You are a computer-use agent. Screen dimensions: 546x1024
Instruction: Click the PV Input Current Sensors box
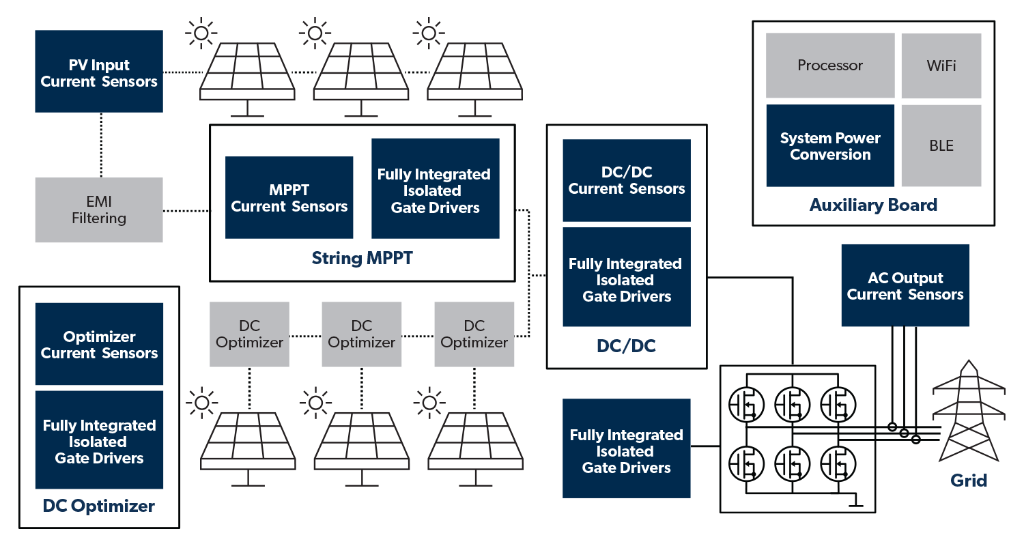click(x=99, y=72)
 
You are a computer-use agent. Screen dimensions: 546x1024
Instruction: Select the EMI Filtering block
click(x=99, y=210)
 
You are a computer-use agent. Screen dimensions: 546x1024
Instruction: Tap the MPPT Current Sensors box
click(x=289, y=198)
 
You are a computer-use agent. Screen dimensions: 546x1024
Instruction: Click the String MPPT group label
click(x=362, y=259)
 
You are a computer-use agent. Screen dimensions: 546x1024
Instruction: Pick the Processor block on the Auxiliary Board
click(x=830, y=66)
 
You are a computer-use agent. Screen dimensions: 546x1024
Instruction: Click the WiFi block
click(x=941, y=66)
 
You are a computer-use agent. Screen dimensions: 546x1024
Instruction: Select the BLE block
click(x=941, y=146)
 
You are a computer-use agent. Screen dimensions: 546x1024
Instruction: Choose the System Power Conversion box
click(x=830, y=146)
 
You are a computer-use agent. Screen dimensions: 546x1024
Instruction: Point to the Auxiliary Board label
click(x=873, y=205)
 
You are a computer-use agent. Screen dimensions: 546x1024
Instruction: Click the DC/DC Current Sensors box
click(x=627, y=181)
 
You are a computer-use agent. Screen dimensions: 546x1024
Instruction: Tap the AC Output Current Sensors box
click(x=905, y=286)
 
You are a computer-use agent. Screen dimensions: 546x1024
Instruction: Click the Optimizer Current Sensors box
click(x=99, y=345)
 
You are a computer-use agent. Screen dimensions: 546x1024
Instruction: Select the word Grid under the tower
click(x=969, y=480)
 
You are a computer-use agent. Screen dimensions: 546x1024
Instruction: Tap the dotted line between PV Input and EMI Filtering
click(x=100, y=145)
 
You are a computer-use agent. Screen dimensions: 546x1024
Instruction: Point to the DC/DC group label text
click(x=626, y=346)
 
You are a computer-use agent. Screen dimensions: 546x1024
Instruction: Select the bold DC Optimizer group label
click(x=99, y=506)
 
